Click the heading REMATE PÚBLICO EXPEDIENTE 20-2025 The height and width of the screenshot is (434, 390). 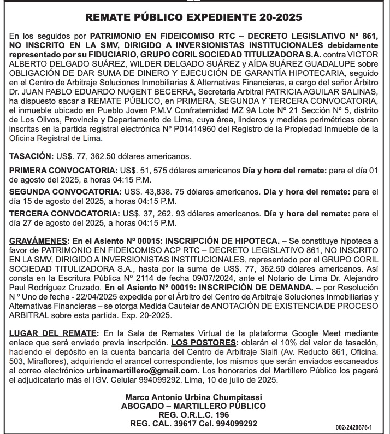194,17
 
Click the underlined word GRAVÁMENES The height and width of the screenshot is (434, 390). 38,241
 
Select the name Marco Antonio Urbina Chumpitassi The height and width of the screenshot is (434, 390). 194,397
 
